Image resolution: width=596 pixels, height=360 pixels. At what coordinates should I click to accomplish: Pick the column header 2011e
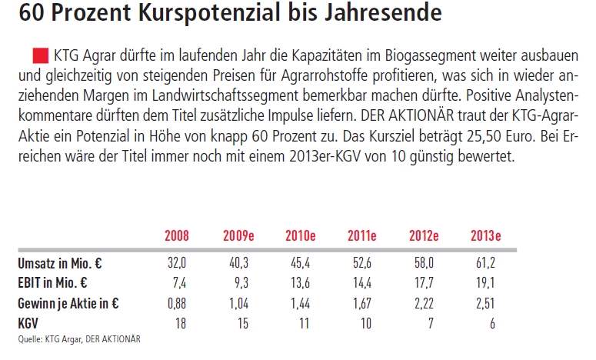(362, 235)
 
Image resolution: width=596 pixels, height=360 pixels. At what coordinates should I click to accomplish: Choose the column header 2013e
(486, 235)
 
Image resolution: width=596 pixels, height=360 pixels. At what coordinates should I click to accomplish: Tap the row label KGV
(30, 322)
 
